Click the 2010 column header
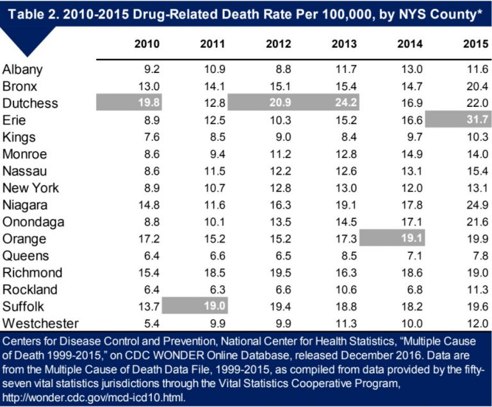pos(147,44)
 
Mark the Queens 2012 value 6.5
pos(281,255)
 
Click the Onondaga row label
pos(31,221)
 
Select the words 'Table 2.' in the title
pos(31,11)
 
